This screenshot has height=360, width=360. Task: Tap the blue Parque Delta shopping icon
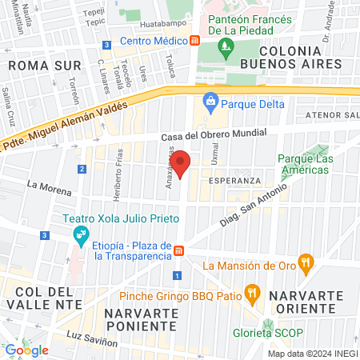tap(210, 101)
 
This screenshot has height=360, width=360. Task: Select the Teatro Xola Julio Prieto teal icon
tap(80, 234)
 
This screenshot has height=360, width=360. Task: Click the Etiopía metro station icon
tap(182, 250)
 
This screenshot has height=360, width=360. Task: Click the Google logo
tap(26, 350)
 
